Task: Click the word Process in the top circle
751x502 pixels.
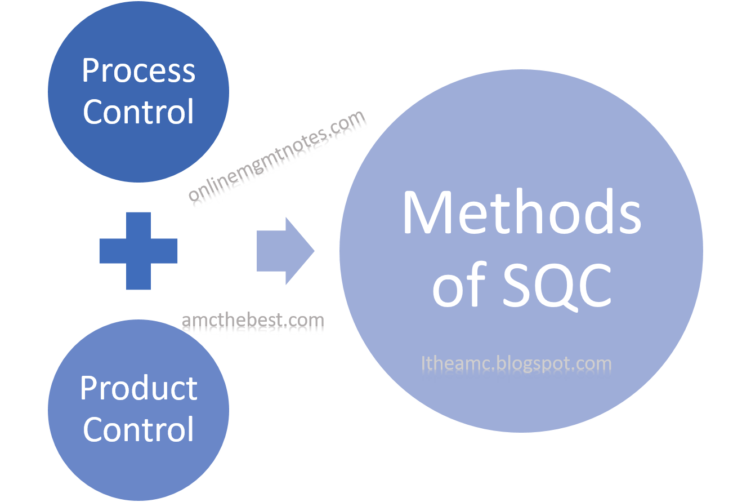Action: [x=138, y=72]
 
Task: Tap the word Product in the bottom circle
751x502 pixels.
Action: [x=138, y=388]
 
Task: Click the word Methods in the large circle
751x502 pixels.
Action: [x=521, y=214]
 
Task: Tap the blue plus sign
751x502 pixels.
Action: [x=138, y=251]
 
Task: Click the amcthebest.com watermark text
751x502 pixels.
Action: [x=253, y=322]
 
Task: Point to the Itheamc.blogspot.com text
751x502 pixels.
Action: [x=516, y=363]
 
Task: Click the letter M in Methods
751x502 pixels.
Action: [x=427, y=214]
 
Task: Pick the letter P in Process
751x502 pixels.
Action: [x=91, y=72]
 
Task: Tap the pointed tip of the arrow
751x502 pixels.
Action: [x=312, y=251]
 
